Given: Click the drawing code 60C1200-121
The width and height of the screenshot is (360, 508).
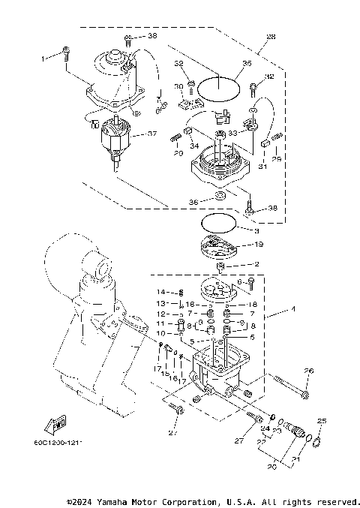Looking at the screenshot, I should [58, 443].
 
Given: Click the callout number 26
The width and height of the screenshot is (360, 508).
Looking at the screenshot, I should [308, 370].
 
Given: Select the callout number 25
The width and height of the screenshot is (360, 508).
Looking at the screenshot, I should [321, 421].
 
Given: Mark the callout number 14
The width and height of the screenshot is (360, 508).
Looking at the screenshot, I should [160, 291].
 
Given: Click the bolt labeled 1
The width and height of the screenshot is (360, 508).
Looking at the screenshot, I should [67, 53].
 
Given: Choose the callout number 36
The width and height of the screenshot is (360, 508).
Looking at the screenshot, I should [193, 202].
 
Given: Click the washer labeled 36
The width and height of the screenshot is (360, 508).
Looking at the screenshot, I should [219, 197].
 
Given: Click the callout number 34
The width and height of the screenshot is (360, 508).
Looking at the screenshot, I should [193, 146].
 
